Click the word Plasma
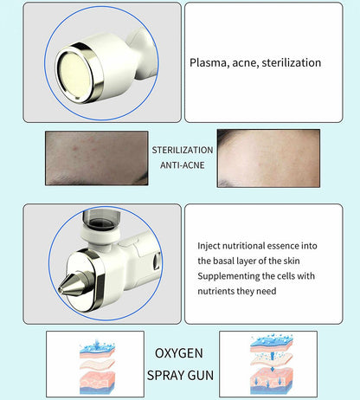tap(208, 62)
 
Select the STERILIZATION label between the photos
tap(182, 150)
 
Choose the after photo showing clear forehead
tap(268, 158)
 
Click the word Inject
tap(209, 245)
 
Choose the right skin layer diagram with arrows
tap(259, 363)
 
